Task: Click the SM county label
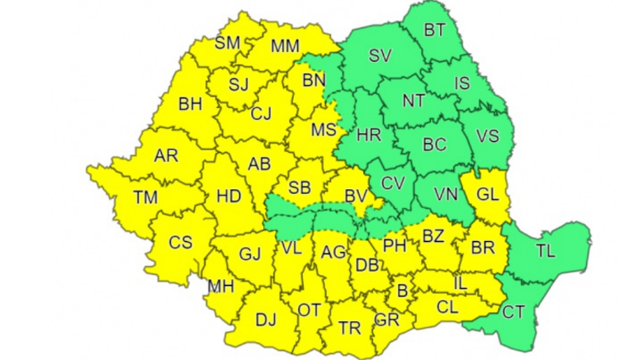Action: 227,43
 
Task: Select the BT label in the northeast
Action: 435,31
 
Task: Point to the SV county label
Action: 381,56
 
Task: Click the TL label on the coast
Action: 545,251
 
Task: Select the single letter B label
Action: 403,291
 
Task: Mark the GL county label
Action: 487,195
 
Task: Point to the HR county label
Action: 368,135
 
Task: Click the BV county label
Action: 356,196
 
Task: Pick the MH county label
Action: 220,287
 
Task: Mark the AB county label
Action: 259,163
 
